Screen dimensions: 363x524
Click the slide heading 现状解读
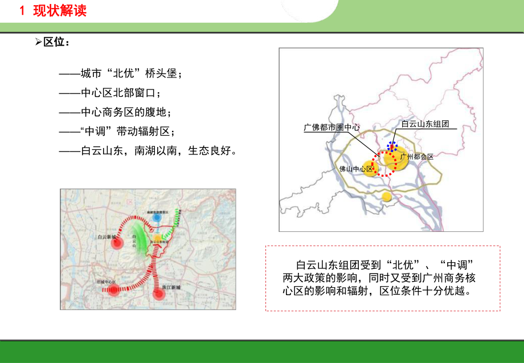[x=58, y=10]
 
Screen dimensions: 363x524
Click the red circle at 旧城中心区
[x=114, y=291]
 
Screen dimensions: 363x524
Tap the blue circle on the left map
[x=157, y=218]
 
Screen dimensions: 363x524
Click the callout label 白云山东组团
[x=425, y=124]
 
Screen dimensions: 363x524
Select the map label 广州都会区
[x=417, y=156]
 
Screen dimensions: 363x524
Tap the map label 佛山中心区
[x=356, y=169]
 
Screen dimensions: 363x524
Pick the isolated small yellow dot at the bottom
[x=387, y=197]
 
